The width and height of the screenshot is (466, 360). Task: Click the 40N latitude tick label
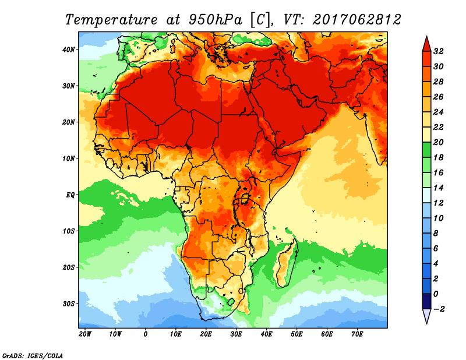[69, 49]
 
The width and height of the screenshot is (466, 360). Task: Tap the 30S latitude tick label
[69, 303]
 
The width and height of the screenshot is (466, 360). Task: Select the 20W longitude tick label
[85, 334]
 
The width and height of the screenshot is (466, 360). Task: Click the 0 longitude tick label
[146, 334]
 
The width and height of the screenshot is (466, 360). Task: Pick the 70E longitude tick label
[358, 334]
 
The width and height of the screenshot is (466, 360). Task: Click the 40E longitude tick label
[267, 334]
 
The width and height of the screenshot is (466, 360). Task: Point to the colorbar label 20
[440, 142]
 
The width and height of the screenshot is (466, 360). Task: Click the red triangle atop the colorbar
[426, 43]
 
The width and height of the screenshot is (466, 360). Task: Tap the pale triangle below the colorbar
[426, 316]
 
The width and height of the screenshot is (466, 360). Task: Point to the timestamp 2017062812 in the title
[357, 20]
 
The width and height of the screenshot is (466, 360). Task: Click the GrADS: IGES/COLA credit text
[32, 355]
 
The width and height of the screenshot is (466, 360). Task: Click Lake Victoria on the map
[245, 199]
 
